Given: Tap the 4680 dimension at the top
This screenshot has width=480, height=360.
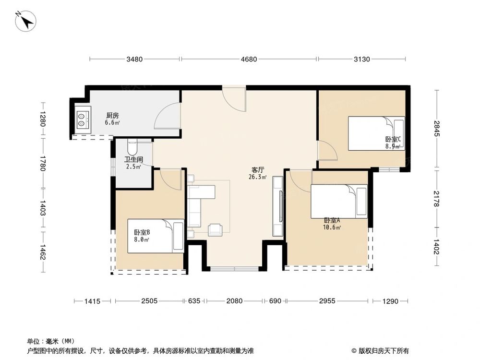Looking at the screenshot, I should pyautogui.click(x=249, y=60).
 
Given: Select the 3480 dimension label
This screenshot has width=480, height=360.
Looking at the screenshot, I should pyautogui.click(x=134, y=60).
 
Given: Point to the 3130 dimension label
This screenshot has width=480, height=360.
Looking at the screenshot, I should pyautogui.click(x=362, y=60).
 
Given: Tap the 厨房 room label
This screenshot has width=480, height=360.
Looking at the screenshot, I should pyautogui.click(x=112, y=116).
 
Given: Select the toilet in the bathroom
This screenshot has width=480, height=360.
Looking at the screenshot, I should pyautogui.click(x=133, y=146).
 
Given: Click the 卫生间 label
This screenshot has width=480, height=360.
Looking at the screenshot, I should pyautogui.click(x=133, y=160).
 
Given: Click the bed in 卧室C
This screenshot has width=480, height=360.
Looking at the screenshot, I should pyautogui.click(x=376, y=133).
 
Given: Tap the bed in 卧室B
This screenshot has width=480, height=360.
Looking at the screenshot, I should pyautogui.click(x=156, y=236).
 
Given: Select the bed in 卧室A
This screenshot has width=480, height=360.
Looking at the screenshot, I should pyautogui.click(x=339, y=201).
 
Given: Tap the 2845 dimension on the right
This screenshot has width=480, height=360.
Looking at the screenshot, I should pyautogui.click(x=436, y=129).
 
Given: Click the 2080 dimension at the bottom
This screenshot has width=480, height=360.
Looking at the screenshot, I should pyautogui.click(x=234, y=301).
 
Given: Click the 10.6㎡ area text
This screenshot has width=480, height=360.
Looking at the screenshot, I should pyautogui.click(x=333, y=227).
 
